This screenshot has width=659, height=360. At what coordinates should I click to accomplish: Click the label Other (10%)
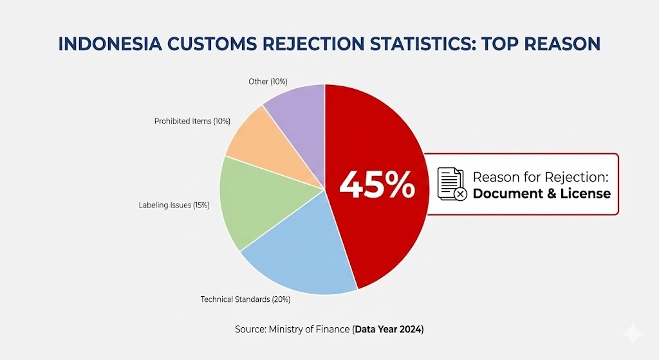point(268,82)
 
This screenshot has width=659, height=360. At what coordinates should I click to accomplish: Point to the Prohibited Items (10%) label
point(192,121)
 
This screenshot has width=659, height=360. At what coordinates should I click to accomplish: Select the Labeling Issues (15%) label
point(174,205)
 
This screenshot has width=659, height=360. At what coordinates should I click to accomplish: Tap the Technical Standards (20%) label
point(236,299)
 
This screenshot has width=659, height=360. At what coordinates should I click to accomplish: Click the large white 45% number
point(377,185)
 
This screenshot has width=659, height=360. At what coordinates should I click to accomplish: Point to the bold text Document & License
point(542,193)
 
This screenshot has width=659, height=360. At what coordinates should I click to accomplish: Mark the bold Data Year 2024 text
point(388,329)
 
